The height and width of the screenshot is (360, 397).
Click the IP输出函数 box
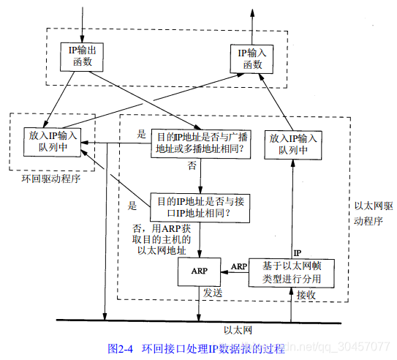pos(81,56)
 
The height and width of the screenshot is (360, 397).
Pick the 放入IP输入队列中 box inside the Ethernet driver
pos(292,143)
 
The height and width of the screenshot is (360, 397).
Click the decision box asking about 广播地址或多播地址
pos(200,143)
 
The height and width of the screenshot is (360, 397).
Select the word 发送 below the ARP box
pos(213,293)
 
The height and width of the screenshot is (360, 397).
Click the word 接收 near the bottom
pos(305,296)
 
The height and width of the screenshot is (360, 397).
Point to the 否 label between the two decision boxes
pos(192,166)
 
